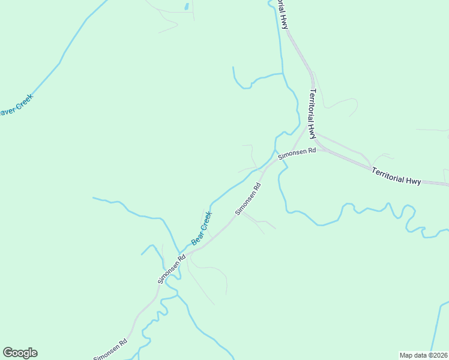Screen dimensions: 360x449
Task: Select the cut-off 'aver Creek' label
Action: coord(15,106)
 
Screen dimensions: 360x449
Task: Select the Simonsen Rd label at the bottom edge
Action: coord(110,350)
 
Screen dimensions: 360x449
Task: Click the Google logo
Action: coord(20,353)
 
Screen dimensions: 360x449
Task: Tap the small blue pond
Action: coord(187,7)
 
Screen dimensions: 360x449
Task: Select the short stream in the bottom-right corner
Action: coord(437,327)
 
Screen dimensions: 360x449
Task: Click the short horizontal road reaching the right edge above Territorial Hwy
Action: coord(432,130)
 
